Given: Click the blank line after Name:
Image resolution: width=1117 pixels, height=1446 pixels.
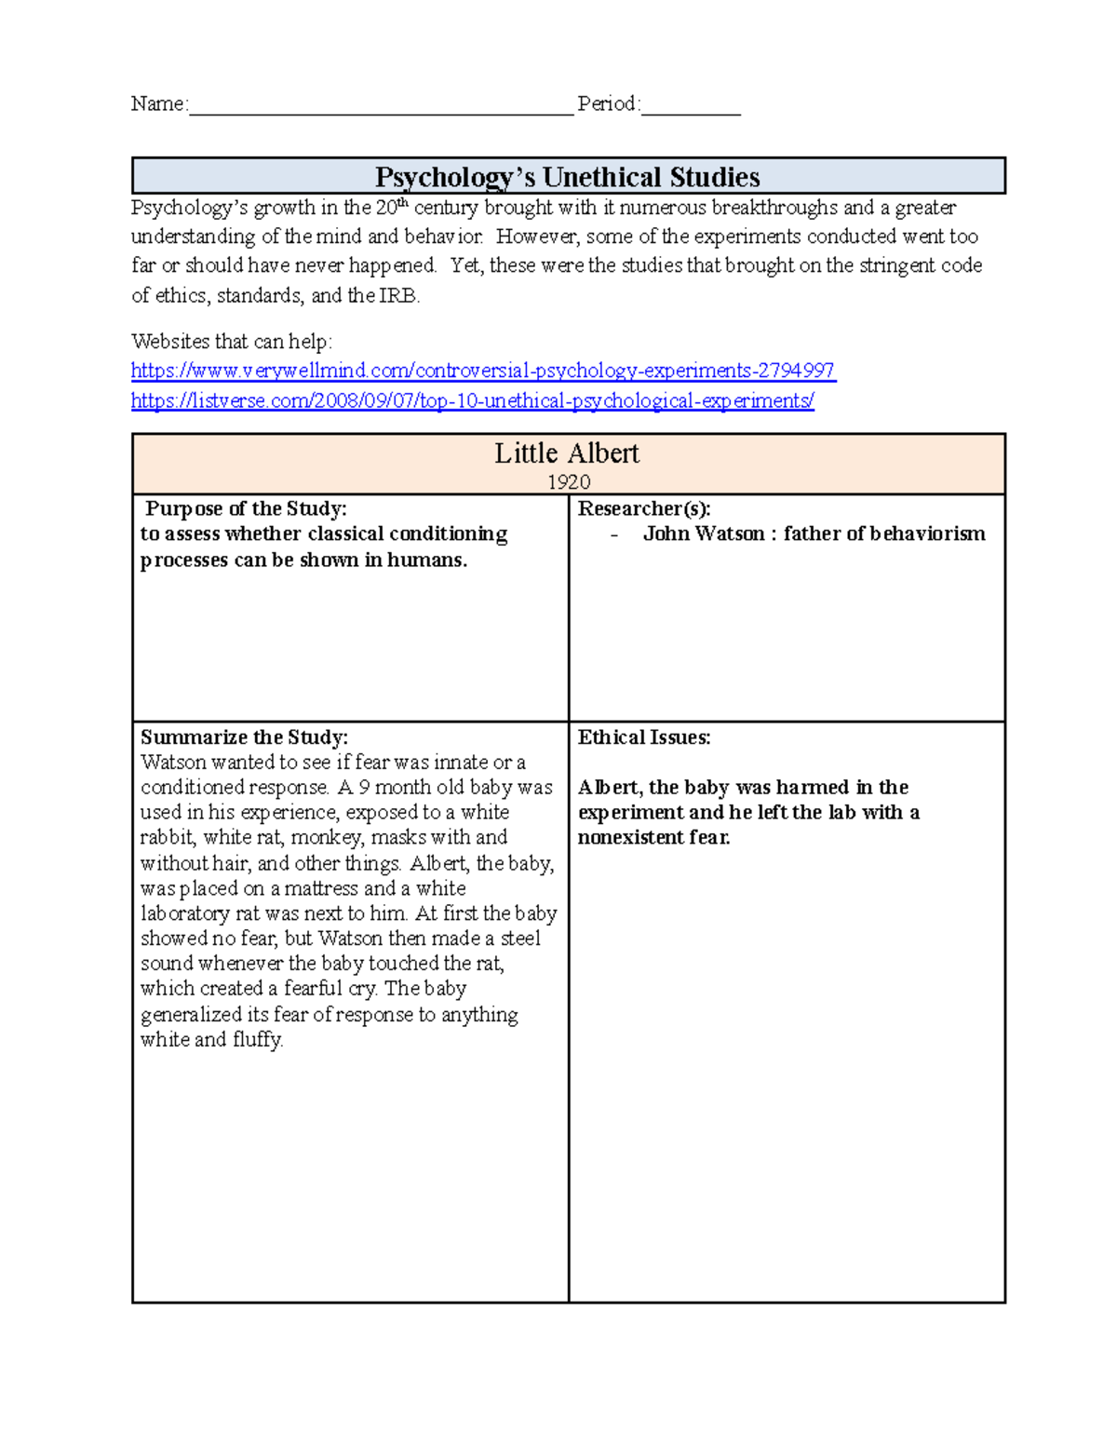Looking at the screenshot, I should (381, 106).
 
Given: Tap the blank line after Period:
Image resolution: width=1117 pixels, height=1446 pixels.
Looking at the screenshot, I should (691, 106).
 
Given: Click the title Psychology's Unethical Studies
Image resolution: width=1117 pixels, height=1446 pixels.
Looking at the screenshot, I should (567, 177).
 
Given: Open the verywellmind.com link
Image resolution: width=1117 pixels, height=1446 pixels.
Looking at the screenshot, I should (482, 371).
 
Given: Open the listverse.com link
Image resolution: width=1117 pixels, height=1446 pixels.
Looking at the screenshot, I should (472, 401).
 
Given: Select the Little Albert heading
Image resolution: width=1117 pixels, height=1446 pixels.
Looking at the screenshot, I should (567, 453).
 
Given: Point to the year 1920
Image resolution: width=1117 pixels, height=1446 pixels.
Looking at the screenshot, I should (569, 481).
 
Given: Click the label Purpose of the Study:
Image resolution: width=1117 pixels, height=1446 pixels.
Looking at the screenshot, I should (246, 508).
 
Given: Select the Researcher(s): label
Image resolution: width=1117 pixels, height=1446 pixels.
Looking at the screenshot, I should (644, 508).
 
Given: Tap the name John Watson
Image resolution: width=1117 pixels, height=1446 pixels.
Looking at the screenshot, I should (703, 534).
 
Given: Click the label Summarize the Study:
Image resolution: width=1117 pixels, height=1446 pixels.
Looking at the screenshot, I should (244, 737).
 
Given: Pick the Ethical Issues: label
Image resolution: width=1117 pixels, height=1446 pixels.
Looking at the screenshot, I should (644, 737).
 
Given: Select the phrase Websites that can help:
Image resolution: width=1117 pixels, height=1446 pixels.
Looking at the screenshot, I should (231, 342).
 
